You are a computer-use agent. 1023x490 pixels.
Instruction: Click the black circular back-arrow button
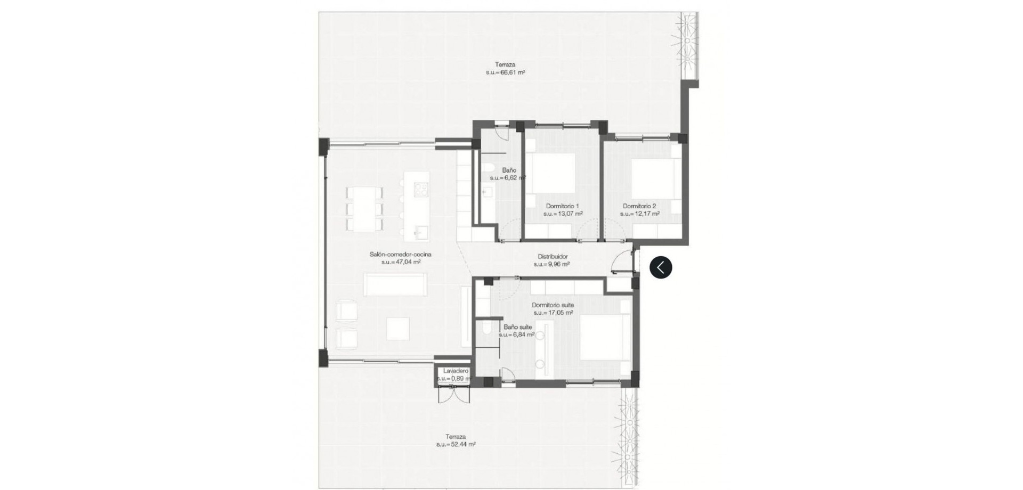pos(661,267)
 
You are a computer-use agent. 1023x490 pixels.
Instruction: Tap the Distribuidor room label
pos(553,256)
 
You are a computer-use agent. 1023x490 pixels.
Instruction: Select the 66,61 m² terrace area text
pos(506,72)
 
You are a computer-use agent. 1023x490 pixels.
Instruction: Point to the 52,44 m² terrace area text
pos(456,444)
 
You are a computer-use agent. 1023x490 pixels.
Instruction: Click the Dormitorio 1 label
pos(562,206)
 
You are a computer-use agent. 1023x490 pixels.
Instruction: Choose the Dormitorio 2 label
pos(639,206)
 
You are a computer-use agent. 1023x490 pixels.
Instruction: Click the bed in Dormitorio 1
pos(554,173)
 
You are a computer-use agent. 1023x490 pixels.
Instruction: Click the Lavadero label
pos(456,371)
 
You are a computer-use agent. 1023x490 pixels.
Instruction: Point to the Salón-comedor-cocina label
pos(401,255)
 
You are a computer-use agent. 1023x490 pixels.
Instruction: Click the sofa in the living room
pos(395,284)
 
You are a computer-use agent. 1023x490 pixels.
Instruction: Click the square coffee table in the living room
pos(398,328)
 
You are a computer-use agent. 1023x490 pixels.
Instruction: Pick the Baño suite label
pos(518,327)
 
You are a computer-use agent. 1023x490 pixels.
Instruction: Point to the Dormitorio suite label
pos(553,305)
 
